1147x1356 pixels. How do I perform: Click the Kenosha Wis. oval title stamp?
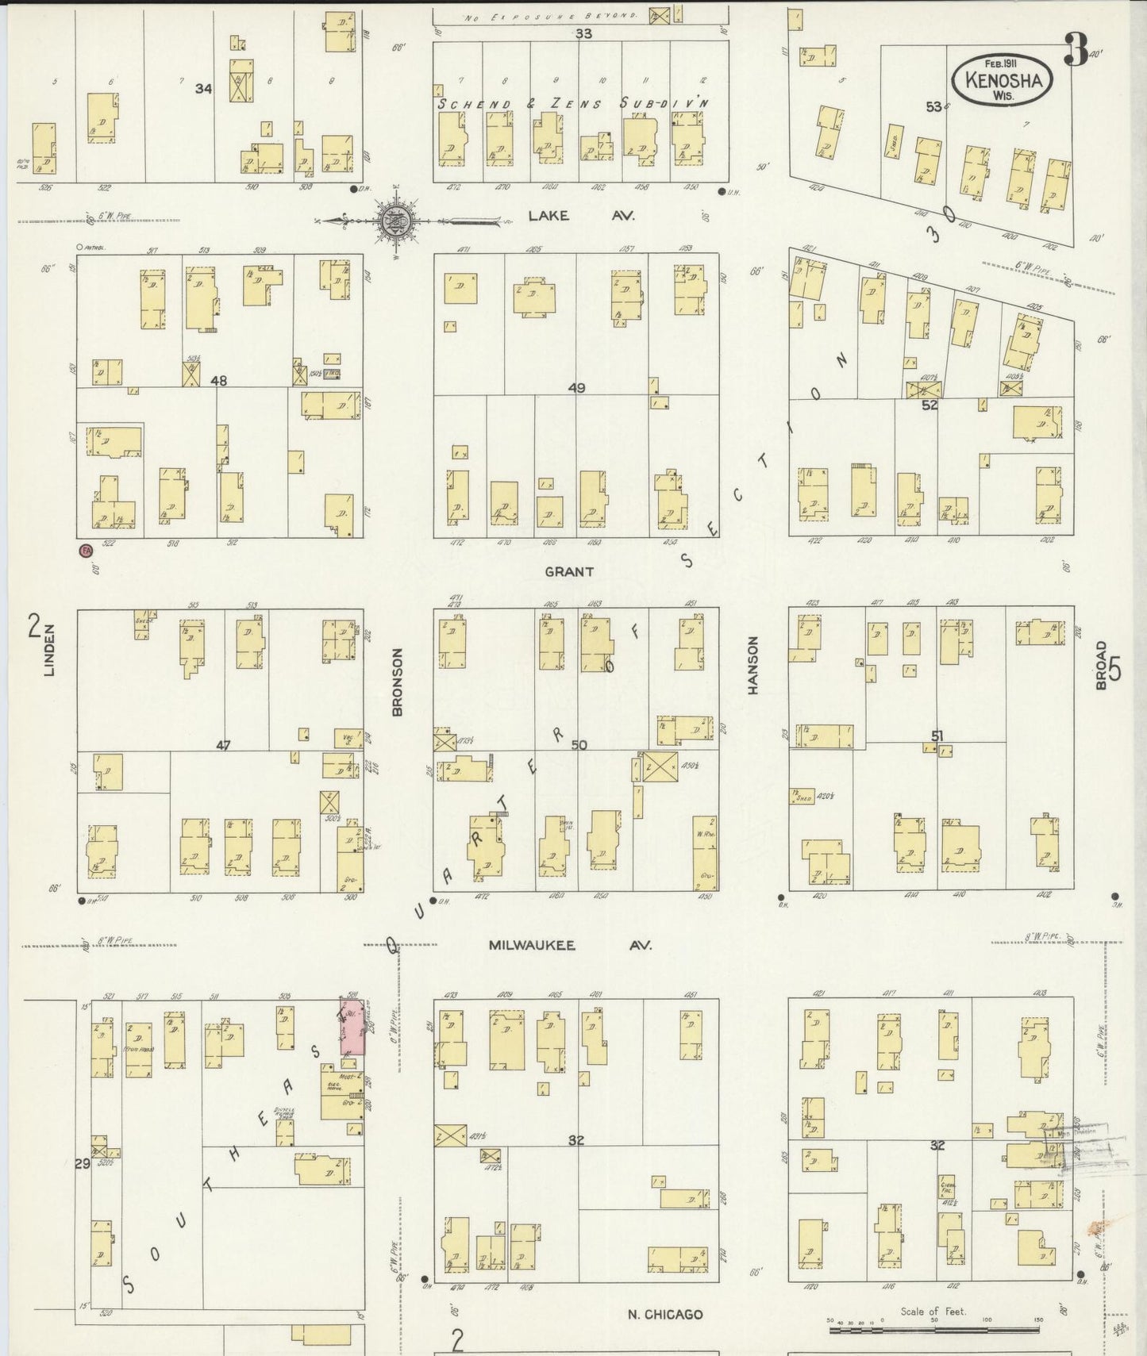[1003, 79]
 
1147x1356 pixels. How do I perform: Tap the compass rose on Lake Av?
[395, 222]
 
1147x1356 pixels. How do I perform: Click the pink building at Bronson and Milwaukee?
[352, 1027]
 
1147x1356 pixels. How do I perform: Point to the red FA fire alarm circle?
[85, 550]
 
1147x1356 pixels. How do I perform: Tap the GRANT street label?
[569, 571]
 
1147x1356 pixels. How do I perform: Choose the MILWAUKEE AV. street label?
[570, 945]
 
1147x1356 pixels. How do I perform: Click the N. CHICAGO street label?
[664, 1314]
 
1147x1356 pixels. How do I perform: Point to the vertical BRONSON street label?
[398, 682]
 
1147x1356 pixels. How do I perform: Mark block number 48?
[218, 381]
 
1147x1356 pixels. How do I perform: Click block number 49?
[576, 387]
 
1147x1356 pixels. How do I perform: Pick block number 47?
[223, 745]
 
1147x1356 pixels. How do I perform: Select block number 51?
[937, 736]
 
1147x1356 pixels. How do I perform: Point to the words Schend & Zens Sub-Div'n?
[574, 103]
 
